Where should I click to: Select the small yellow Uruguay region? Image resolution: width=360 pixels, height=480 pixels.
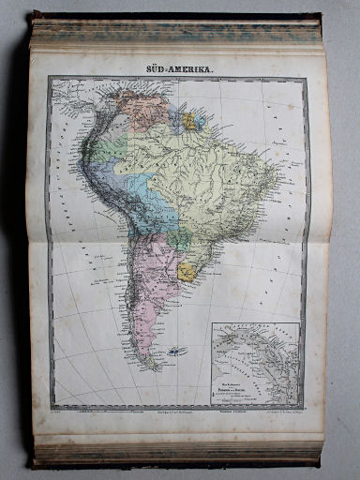[x=187, y=272]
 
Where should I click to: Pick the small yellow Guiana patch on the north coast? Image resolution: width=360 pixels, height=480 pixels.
[x=189, y=121]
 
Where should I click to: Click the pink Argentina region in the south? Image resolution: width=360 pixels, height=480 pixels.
[x=150, y=281]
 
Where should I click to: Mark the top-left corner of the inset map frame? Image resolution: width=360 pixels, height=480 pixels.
[x=212, y=324]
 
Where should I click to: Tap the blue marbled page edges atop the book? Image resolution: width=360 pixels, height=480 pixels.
[x=178, y=33]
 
